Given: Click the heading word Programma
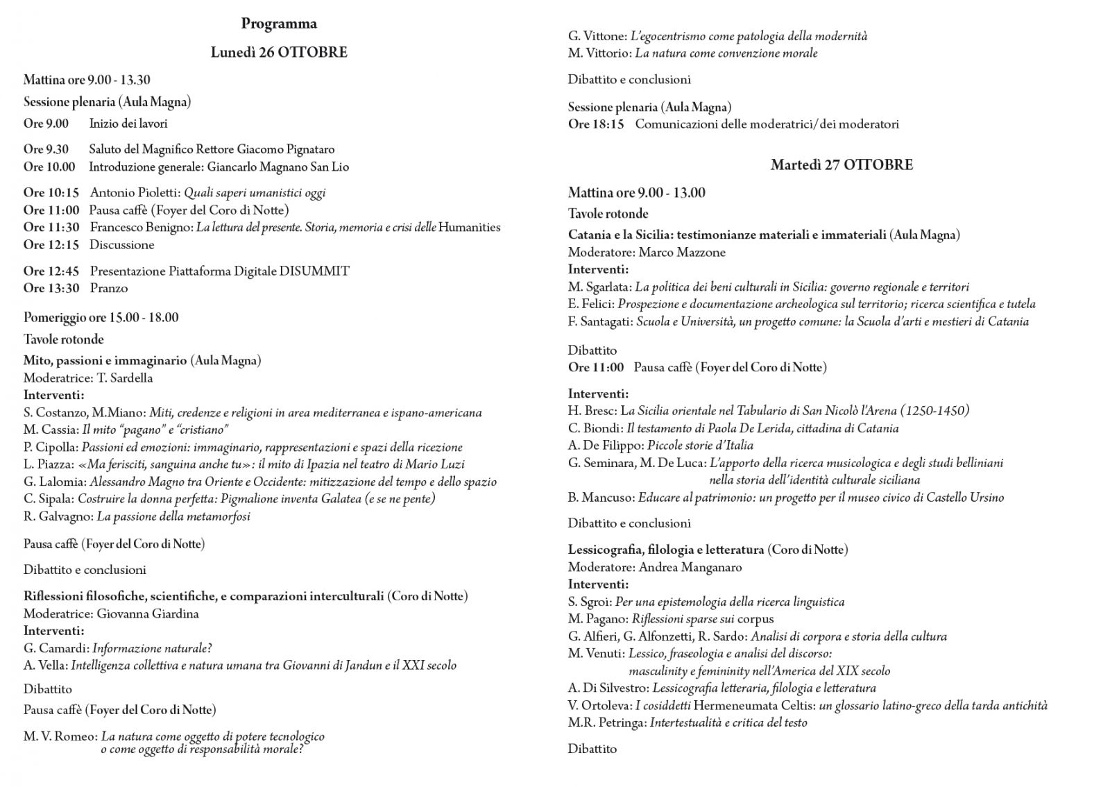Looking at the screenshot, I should [x=279, y=24].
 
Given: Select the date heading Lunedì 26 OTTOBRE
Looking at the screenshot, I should [x=279, y=53].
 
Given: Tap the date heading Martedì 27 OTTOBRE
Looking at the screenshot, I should [x=842, y=165].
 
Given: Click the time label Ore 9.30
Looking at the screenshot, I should [x=46, y=149].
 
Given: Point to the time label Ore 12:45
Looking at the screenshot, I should [x=51, y=271].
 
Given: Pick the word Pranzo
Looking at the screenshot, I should [x=109, y=288].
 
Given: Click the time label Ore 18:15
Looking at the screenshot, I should [x=596, y=124].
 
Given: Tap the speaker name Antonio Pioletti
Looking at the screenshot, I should [x=134, y=193].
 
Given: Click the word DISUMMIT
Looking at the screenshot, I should [x=314, y=271].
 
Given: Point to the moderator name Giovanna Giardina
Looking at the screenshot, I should [x=148, y=613].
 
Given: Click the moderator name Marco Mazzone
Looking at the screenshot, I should [x=682, y=253].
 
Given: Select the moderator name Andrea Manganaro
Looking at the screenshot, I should [x=690, y=567].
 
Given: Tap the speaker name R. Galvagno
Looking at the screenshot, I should [x=57, y=516].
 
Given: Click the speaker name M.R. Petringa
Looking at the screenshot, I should [x=606, y=722].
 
